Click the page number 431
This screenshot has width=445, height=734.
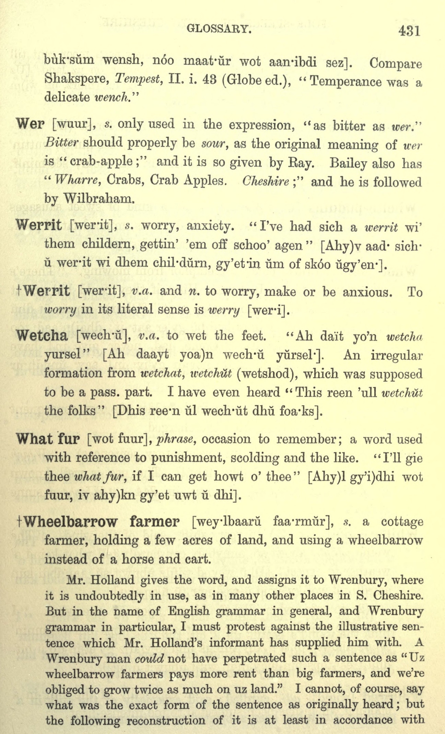click(x=409, y=31)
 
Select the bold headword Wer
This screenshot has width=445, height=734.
click(x=30, y=124)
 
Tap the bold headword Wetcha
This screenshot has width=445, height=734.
click(x=42, y=335)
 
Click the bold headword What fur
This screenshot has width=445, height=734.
click(x=48, y=439)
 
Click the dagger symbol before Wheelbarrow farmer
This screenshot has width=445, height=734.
click(x=20, y=522)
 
